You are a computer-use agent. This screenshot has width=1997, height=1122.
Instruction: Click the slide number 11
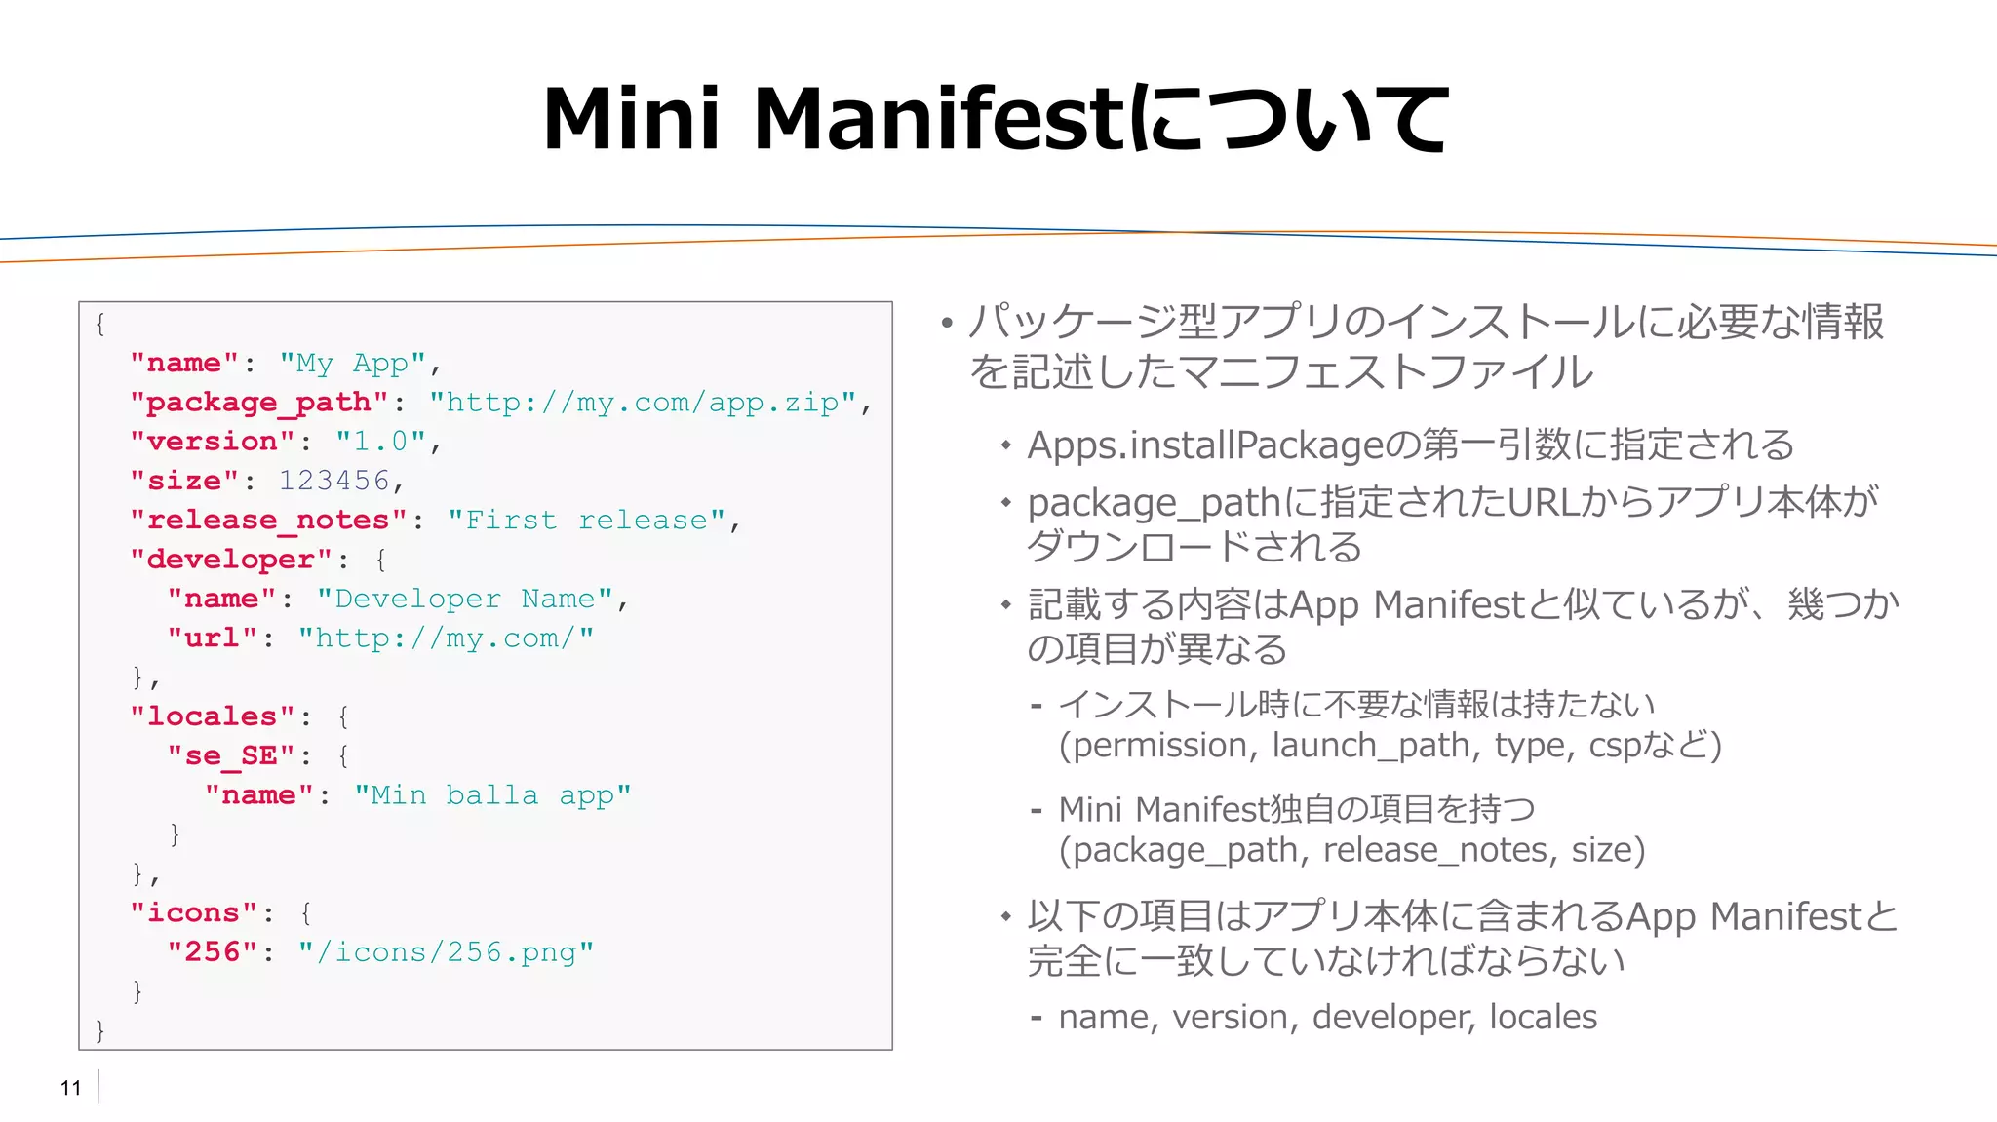tap(70, 1088)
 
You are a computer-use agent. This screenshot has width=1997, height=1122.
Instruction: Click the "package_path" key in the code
tap(259, 403)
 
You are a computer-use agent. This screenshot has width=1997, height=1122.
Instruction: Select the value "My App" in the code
tap(353, 364)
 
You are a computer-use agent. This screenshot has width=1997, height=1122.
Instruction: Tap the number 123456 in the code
tap(334, 481)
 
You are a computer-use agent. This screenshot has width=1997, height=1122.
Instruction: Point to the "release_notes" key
tap(268, 521)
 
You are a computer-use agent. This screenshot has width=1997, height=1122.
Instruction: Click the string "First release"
tap(587, 521)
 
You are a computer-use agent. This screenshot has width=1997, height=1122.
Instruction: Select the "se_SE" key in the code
tap(230, 755)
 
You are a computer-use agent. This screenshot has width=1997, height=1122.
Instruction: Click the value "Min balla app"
tap(492, 795)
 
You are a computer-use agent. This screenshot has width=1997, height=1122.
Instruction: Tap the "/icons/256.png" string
tap(446, 952)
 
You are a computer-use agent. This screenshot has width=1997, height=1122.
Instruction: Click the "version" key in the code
tap(213, 442)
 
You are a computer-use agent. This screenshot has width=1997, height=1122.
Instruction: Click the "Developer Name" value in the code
tap(464, 599)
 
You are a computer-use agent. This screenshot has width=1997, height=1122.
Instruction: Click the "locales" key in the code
tap(213, 716)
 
